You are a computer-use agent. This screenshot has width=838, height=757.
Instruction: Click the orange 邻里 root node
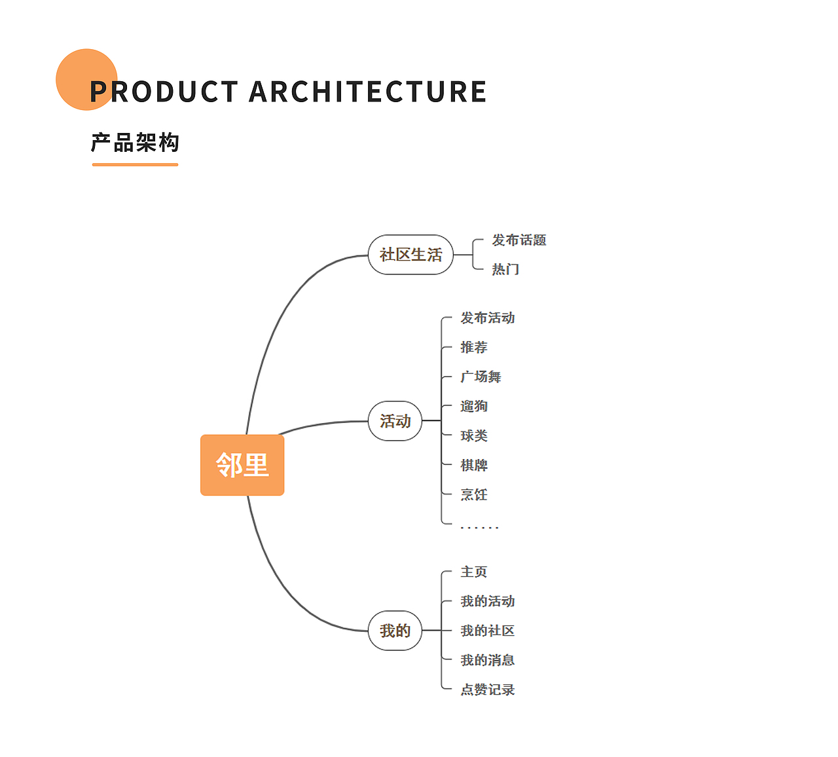pyautogui.click(x=242, y=465)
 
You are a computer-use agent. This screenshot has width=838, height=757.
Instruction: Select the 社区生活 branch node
pyautogui.click(x=410, y=255)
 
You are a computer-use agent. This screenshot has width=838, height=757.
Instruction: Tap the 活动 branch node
pyautogui.click(x=395, y=421)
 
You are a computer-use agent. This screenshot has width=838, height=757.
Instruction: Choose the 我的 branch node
pyautogui.click(x=395, y=631)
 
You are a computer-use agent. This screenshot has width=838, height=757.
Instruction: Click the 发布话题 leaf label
pyautogui.click(x=519, y=240)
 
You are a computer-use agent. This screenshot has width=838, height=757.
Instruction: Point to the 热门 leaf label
pyautogui.click(x=505, y=269)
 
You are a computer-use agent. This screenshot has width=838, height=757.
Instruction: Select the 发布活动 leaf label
pyautogui.click(x=488, y=318)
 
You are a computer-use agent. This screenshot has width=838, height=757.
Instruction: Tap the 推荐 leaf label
pyautogui.click(x=474, y=347)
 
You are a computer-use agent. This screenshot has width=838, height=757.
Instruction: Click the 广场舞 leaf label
pyautogui.click(x=481, y=377)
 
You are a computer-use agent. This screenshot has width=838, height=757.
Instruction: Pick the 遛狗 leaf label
pyautogui.click(x=474, y=406)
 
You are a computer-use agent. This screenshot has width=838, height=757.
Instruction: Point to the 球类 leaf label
pyautogui.click(x=474, y=435)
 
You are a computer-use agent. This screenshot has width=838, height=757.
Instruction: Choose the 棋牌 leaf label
pyautogui.click(x=474, y=465)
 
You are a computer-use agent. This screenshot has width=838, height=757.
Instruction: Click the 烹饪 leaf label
pyautogui.click(x=474, y=494)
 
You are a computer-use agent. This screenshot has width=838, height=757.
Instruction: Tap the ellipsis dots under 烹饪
pyautogui.click(x=480, y=528)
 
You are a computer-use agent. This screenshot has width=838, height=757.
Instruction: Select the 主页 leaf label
pyautogui.click(x=474, y=572)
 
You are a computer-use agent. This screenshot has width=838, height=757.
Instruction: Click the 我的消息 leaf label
pyautogui.click(x=488, y=660)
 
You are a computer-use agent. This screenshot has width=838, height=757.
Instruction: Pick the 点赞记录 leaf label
pyautogui.click(x=488, y=690)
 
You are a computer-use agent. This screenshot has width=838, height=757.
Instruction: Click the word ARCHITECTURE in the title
pyautogui.click(x=368, y=92)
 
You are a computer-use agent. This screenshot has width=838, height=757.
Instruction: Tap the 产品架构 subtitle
pyautogui.click(x=135, y=143)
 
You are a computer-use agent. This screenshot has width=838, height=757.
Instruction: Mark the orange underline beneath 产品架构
pyautogui.click(x=135, y=164)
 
